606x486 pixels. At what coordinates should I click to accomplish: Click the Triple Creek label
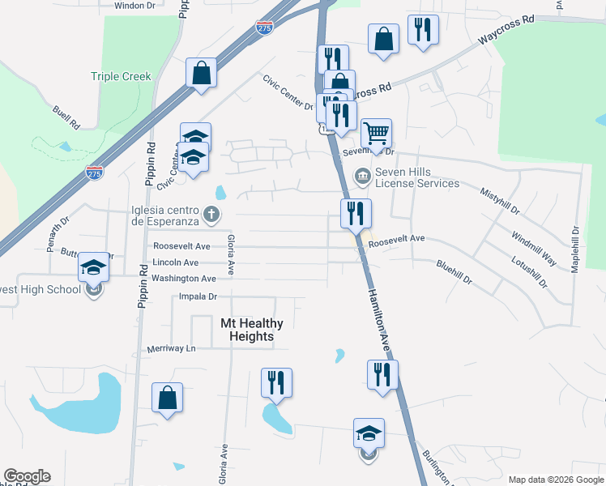(121, 77)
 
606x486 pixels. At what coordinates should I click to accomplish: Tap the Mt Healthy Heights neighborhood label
(251, 329)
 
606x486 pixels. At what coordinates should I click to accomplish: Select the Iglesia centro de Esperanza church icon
(211, 215)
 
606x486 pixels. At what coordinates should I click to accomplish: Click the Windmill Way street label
(533, 248)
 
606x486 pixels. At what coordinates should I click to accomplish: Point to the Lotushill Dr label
(529, 273)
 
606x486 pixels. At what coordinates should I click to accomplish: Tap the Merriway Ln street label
(172, 348)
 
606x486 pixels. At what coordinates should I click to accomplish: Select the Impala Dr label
(198, 297)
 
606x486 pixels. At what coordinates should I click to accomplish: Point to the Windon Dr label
(134, 5)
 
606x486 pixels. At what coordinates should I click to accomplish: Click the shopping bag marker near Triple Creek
(201, 74)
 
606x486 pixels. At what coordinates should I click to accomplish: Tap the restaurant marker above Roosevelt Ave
(356, 215)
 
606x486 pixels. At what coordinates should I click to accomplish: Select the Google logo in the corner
(27, 476)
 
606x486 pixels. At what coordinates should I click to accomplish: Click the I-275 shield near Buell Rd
(94, 172)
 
